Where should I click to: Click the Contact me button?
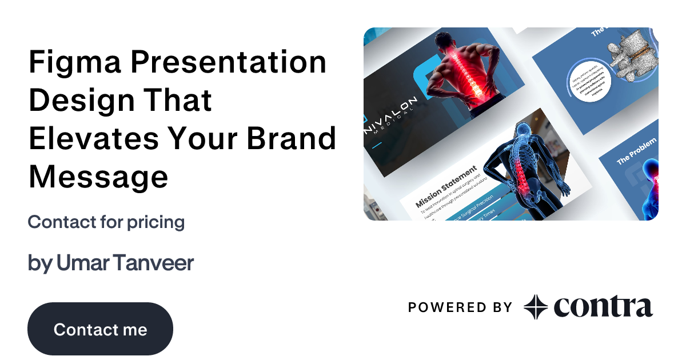(100, 329)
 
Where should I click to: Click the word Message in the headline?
(98, 177)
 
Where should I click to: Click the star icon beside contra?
(536, 307)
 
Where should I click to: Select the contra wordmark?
(603, 307)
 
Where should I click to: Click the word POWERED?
(440, 307)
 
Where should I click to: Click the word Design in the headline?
(80, 101)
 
